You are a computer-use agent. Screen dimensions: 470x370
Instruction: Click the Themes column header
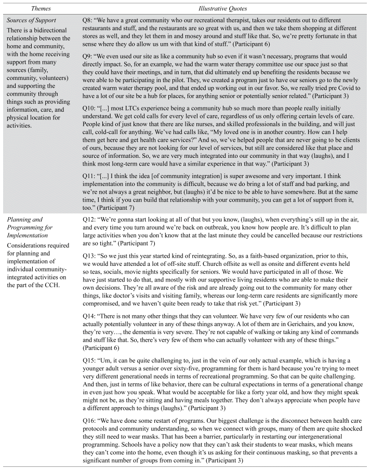[41, 9]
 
